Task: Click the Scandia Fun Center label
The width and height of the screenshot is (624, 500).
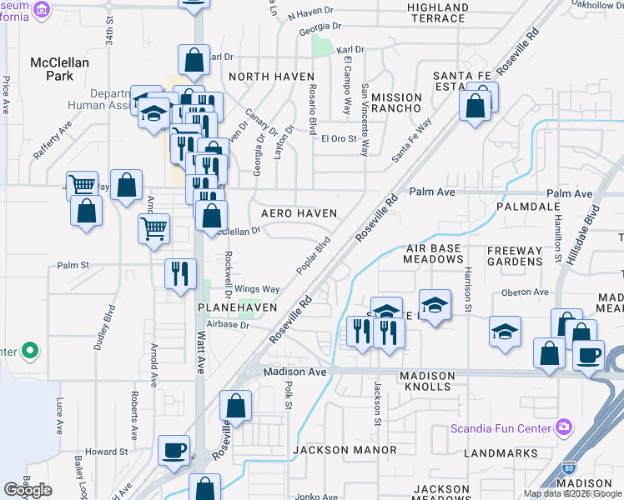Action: click(501, 429)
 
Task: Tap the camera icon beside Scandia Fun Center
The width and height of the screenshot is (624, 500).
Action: click(564, 427)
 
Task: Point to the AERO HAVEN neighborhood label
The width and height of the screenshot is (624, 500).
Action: click(299, 213)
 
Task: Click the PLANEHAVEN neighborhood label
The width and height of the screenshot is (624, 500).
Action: click(236, 307)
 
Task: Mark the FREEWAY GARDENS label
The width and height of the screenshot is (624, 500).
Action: click(515, 256)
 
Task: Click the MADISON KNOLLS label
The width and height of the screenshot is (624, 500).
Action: click(428, 382)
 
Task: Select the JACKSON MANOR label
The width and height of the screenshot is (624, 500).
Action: click(345, 450)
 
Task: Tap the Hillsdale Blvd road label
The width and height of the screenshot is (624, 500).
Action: click(582, 237)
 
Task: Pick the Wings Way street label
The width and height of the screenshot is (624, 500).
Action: click(257, 289)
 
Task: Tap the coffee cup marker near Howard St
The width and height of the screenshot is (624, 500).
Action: click(174, 451)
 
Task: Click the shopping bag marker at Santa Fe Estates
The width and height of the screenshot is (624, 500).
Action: click(475, 107)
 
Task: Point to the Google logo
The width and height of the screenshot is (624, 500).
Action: click(28, 489)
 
